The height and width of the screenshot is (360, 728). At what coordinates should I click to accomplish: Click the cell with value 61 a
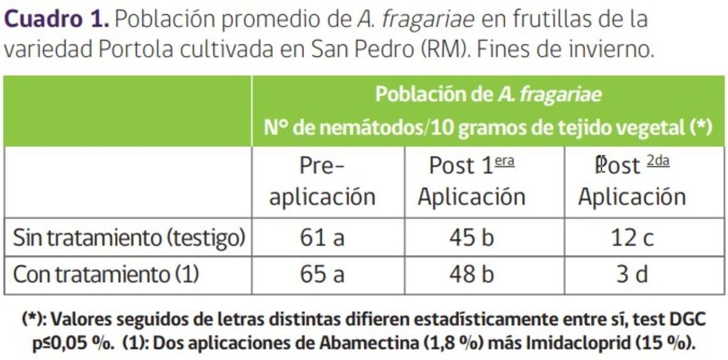(322, 237)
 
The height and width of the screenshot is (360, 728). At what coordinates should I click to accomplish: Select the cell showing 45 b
(471, 237)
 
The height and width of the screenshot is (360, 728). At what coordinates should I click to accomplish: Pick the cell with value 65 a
(322, 275)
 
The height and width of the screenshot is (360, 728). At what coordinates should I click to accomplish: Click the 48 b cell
(471, 275)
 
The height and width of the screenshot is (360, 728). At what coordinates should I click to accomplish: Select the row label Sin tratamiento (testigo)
(129, 237)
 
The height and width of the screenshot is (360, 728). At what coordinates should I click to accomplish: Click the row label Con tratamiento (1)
(106, 275)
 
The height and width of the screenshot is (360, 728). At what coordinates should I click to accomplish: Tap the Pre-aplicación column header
(322, 181)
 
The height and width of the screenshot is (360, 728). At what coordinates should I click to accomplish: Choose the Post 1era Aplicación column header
(471, 181)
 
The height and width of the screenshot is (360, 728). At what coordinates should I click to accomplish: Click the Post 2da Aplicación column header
(632, 181)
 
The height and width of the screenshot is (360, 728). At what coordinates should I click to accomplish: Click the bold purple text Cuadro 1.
(57, 19)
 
